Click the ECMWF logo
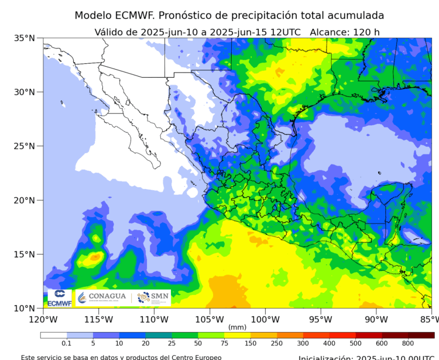[59, 298]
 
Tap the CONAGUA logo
[102, 297]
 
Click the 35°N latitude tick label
[25, 38]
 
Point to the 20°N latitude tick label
[25, 200]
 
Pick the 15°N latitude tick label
[25, 254]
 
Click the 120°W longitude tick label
[43, 320]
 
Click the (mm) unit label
[237, 327]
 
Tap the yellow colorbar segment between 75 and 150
[238, 335]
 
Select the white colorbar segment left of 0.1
[53, 335]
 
